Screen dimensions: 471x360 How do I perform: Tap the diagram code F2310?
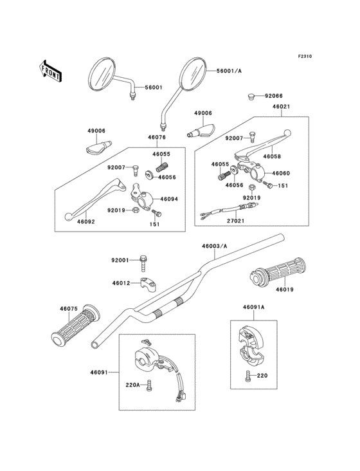pyautogui.click(x=304, y=57)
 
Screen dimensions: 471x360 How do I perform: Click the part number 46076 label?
pyautogui.click(x=157, y=137)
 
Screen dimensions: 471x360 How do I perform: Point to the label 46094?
pyautogui.click(x=169, y=199)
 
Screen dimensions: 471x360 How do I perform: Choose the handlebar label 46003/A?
pyautogui.click(x=213, y=246)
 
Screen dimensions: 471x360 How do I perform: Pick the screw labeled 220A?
pyautogui.click(x=149, y=387)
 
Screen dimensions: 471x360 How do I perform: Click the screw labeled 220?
pyautogui.click(x=248, y=375)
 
